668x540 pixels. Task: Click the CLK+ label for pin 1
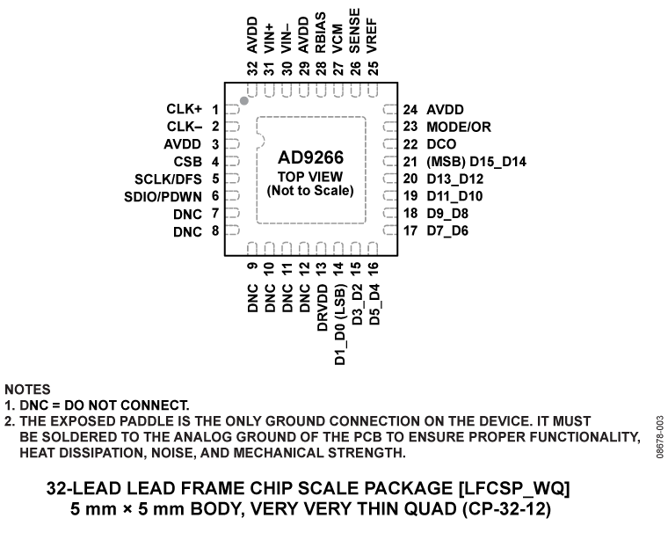(185, 110)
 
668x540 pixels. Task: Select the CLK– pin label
(185, 127)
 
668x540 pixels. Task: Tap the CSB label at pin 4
(188, 161)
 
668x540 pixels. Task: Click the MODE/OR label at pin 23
(460, 127)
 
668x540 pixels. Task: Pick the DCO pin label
(442, 144)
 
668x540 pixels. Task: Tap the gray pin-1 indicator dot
(244, 101)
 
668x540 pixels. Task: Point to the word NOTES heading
(27, 390)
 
